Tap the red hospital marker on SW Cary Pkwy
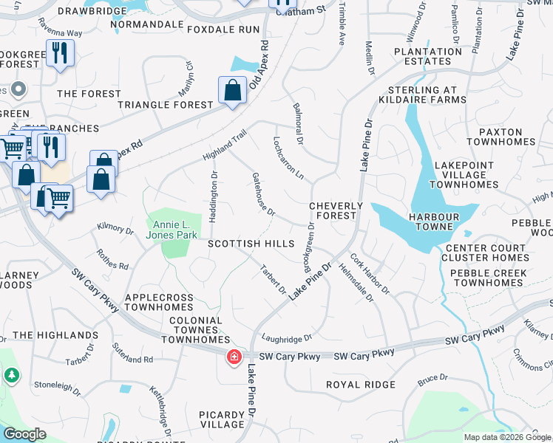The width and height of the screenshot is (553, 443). pos(234,357)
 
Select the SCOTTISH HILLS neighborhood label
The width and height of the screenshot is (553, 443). pos(251,244)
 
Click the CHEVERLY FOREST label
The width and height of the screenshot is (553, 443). pos(336,210)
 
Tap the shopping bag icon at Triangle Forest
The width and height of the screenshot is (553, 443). pos(232,91)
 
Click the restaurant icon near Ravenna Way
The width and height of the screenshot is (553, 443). pos(60,52)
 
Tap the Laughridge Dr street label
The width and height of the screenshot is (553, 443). pos(287,338)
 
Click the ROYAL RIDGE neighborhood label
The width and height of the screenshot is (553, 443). pos(361,385)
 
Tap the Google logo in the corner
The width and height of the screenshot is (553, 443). pos(24,434)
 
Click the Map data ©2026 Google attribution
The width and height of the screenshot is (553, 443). pos(506,437)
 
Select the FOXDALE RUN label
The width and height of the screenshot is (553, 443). pos(223,30)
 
